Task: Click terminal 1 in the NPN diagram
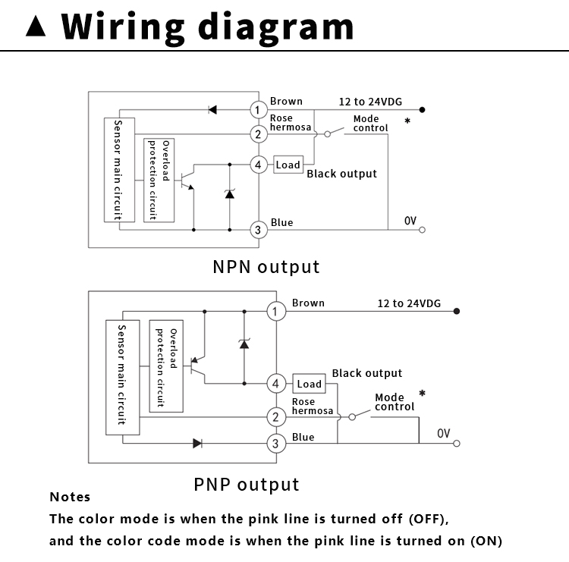pyautogui.click(x=259, y=109)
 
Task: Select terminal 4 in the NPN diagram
pyautogui.click(x=259, y=165)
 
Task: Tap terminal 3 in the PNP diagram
pyautogui.click(x=276, y=444)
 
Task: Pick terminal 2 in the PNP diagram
pyautogui.click(x=276, y=417)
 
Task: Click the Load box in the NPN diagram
pyautogui.click(x=288, y=165)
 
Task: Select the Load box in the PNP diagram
pyautogui.click(x=310, y=384)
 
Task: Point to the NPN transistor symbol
pyautogui.click(x=187, y=177)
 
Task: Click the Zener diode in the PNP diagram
pyautogui.click(x=244, y=344)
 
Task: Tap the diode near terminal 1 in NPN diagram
pyautogui.click(x=212, y=109)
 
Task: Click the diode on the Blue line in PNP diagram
pyautogui.click(x=197, y=443)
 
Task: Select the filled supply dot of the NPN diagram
pyautogui.click(x=422, y=109)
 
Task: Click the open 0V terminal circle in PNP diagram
pyautogui.click(x=457, y=444)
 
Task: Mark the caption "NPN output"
pyautogui.click(x=266, y=267)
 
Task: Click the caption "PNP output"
pyautogui.click(x=247, y=485)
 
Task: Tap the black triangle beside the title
pyautogui.click(x=36, y=26)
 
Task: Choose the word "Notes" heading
pyautogui.click(x=70, y=497)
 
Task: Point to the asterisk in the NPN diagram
pyautogui.click(x=407, y=121)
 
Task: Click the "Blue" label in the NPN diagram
pyautogui.click(x=281, y=222)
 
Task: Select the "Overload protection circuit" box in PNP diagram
pyautogui.click(x=166, y=366)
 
